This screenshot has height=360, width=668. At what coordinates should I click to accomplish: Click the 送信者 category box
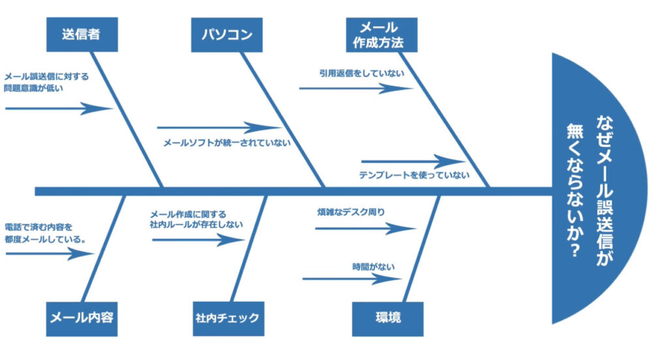point(82,35)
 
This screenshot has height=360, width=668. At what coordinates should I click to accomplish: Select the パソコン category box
point(226,35)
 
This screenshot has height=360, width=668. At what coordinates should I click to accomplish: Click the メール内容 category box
point(82,318)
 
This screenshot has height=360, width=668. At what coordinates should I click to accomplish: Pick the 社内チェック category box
point(228,318)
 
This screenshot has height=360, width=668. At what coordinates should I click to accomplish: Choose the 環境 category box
point(387,318)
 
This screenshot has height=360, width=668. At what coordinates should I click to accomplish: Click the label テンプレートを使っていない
point(414,175)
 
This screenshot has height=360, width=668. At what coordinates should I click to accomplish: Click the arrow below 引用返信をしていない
point(356,88)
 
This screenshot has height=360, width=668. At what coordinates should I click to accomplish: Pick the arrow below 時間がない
point(352,279)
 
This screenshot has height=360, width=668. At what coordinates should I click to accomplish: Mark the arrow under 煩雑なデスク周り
point(365,228)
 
